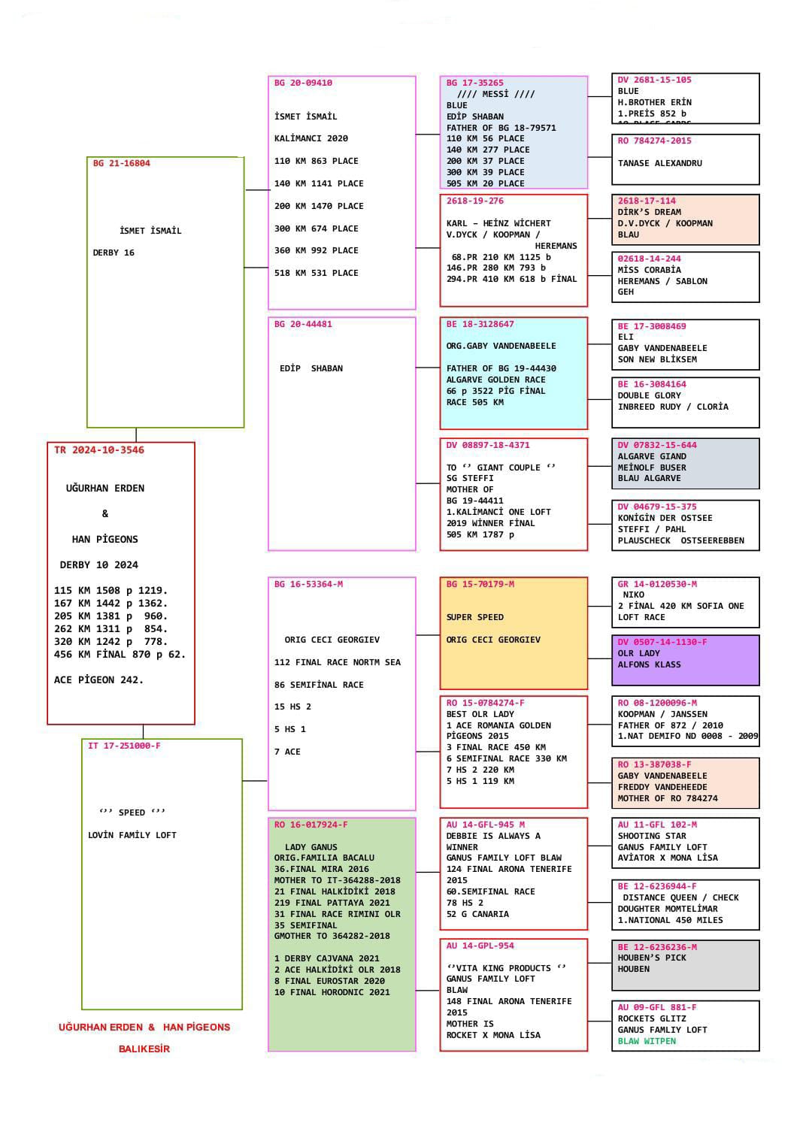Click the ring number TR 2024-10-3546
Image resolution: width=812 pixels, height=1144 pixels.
point(99,450)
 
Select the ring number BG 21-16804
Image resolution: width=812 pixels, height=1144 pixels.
point(122,163)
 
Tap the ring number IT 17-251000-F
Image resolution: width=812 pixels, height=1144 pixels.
point(124,746)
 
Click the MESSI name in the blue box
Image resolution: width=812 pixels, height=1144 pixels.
point(496,94)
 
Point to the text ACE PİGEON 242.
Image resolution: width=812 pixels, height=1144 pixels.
point(98,679)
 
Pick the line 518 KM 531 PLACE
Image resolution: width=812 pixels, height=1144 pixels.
point(317,273)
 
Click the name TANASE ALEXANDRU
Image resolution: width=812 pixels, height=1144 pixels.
point(659,163)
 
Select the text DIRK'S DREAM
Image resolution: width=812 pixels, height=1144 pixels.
point(649,212)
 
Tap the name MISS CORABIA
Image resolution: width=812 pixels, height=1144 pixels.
point(649,270)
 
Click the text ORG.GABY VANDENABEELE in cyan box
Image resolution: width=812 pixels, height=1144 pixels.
point(501,346)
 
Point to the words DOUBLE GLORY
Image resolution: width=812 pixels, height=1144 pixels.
point(649,395)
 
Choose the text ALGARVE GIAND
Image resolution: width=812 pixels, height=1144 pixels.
point(652,456)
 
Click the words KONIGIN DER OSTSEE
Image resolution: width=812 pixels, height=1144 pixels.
point(665,518)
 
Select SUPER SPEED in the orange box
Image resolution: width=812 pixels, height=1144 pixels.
point(474,617)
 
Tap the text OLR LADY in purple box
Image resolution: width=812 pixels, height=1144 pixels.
point(639,653)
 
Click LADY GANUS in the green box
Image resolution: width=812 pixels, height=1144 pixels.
point(311,847)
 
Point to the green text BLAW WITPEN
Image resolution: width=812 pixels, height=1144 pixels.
point(647,1041)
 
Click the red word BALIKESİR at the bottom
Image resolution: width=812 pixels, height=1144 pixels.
point(144,1049)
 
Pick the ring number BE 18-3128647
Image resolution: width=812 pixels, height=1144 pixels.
point(480,324)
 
